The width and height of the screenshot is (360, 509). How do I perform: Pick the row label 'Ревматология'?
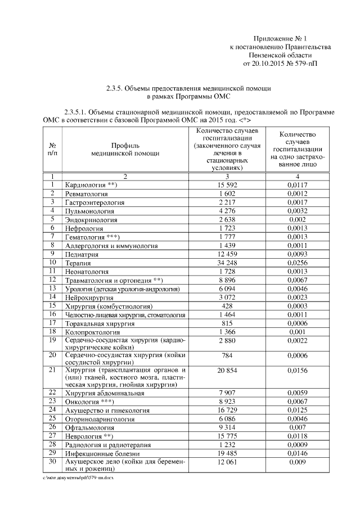point(87,193)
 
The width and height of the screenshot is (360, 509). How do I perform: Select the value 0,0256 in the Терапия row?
point(299,263)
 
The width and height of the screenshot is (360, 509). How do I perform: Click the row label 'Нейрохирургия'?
point(90,298)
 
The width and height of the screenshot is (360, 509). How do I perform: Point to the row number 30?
point(52,461)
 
